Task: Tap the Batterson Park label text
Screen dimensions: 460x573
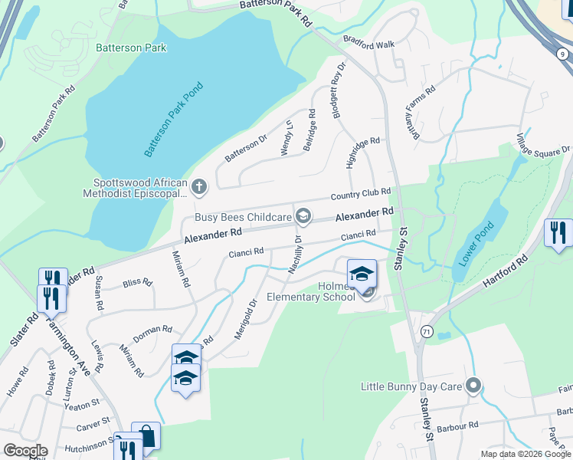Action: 131,48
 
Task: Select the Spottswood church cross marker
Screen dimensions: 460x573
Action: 199,186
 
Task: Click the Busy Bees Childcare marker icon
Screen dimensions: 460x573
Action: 303,217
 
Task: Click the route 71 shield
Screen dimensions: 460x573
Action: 425,331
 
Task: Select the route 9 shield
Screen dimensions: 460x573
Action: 563,54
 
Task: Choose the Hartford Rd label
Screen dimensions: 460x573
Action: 506,272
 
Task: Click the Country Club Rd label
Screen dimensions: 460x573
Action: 361,194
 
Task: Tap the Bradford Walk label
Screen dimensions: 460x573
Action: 368,44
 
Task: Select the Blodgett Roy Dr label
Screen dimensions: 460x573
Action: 338,90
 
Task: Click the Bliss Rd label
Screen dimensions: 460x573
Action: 137,282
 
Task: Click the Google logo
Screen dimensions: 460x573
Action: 25,452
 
